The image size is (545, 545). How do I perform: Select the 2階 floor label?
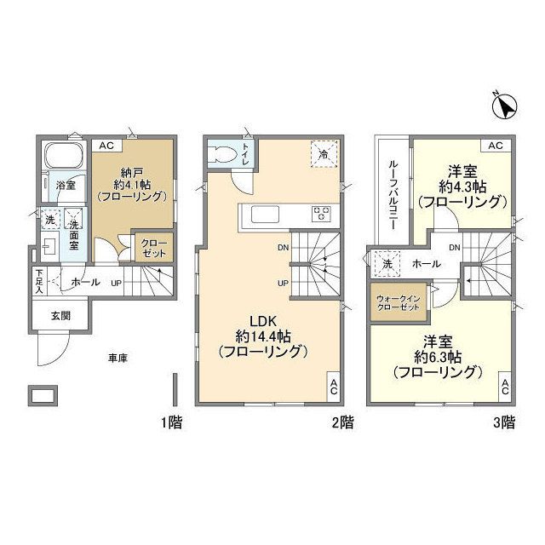tap(343, 422)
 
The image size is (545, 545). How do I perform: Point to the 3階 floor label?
tap(503, 422)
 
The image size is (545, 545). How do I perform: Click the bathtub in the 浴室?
tap(60, 158)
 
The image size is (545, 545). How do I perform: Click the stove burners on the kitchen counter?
tap(323, 215)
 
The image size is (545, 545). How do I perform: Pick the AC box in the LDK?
tap(334, 385)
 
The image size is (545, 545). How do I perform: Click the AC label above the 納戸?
tap(106, 146)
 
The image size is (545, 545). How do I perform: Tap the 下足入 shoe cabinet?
tap(39, 280)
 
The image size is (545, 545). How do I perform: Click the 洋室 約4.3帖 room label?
tap(462, 186)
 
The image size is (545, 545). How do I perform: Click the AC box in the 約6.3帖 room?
tap(505, 387)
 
